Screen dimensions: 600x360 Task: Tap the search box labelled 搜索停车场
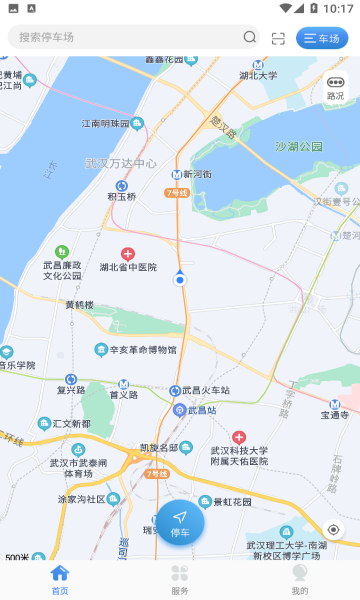[x=120, y=37]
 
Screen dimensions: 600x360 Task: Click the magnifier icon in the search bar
[x=249, y=37]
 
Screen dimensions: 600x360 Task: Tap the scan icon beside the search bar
[x=278, y=38]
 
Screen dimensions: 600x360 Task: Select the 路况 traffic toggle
[x=335, y=90]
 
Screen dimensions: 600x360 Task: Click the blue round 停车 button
[x=180, y=521]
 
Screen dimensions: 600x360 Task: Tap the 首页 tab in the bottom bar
[x=60, y=579]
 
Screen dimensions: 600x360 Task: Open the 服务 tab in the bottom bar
[x=180, y=579]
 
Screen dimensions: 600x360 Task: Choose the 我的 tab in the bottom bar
[x=299, y=579]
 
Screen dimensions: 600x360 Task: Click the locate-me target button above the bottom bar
[x=334, y=529]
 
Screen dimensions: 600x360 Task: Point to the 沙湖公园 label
[x=300, y=146]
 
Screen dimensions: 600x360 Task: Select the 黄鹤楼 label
[x=79, y=305]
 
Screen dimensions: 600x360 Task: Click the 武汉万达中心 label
[x=121, y=163]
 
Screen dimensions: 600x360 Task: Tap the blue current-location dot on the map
[x=180, y=281]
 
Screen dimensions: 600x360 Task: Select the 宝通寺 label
[x=334, y=413]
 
